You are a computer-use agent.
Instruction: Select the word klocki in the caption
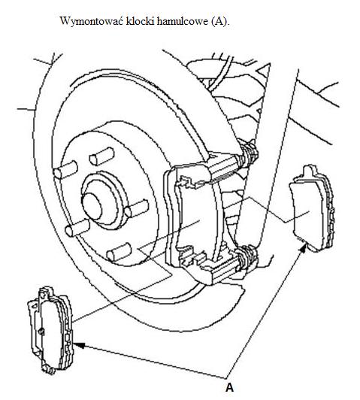141,20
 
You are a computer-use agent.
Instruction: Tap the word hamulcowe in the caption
183,20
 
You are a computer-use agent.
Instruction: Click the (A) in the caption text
220,21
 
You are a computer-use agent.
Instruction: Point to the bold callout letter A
229,387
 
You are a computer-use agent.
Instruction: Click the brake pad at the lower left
50,330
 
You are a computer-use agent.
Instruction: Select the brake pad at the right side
312,209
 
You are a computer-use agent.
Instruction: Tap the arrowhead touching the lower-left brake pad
78,345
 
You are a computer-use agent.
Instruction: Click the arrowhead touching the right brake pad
304,248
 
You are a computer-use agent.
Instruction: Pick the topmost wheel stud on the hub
101,156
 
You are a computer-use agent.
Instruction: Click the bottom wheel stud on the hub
119,253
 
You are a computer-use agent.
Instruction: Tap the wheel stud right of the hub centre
137,208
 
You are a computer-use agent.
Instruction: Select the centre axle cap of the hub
92,206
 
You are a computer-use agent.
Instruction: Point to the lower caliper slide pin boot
247,258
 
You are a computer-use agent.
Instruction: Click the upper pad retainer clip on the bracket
187,182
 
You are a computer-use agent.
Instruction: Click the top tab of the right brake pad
309,171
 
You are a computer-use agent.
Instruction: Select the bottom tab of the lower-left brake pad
49,369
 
